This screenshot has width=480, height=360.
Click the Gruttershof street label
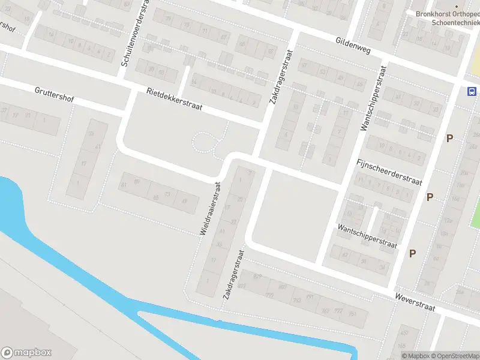[54, 94]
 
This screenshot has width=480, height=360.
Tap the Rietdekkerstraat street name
[175, 100]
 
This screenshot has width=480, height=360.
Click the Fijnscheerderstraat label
[389, 172]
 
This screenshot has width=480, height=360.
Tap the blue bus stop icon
[472, 92]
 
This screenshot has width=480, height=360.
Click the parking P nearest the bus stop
[449, 139]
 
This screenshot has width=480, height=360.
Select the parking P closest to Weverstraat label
[412, 253]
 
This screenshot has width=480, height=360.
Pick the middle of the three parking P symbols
[430, 197]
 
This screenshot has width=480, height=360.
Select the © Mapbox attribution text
[416, 356]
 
